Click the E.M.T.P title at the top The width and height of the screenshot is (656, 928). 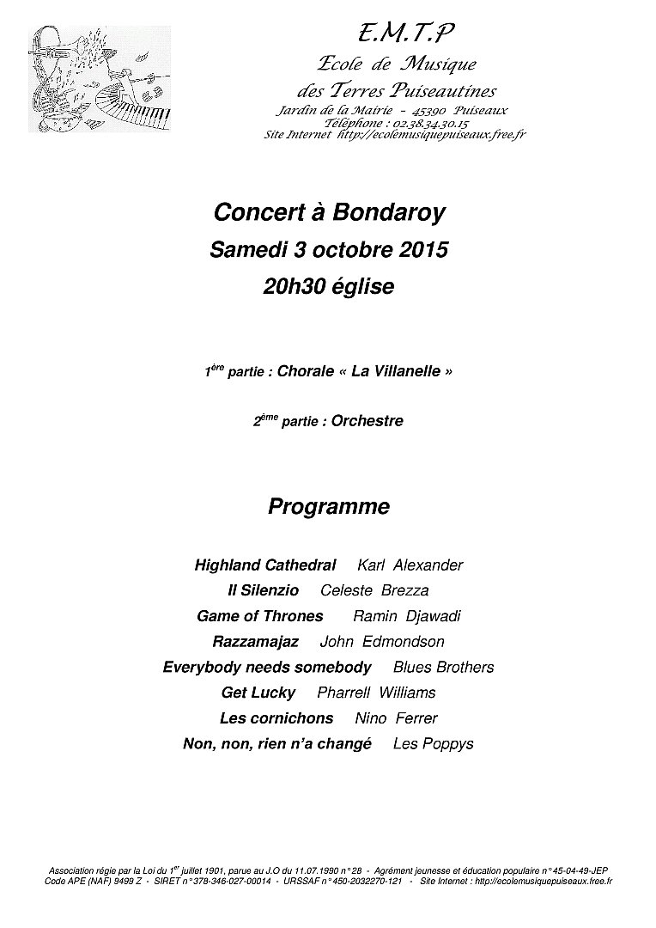point(406,33)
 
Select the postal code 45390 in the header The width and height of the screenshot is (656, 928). point(428,111)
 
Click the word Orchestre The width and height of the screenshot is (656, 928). point(367,421)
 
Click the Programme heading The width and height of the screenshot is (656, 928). point(328,507)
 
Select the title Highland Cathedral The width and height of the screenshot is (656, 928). point(264,565)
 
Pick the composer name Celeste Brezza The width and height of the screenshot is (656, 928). point(374,590)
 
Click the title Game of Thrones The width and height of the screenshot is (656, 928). point(259,616)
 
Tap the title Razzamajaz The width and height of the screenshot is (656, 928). point(255,642)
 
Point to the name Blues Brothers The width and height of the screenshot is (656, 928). point(443,667)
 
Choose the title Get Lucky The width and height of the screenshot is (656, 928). point(258,693)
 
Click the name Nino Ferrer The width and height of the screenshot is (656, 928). point(396,718)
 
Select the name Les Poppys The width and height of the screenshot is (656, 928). point(433,744)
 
